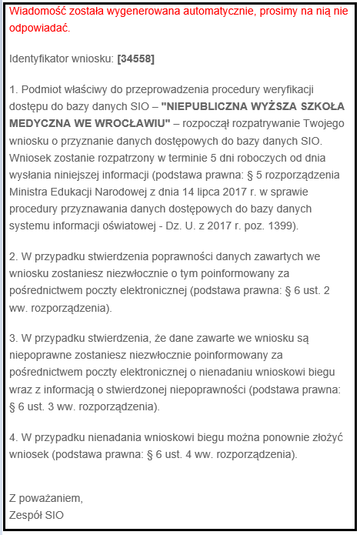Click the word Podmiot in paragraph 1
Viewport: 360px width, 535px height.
[40, 89]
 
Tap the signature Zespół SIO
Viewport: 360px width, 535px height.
[38, 513]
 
